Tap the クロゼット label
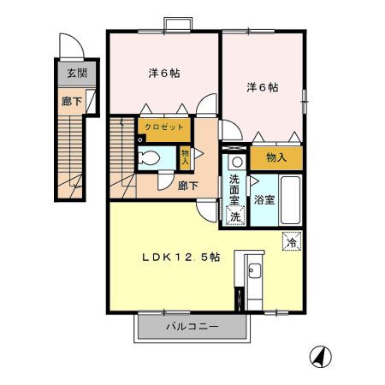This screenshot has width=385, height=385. point(162,127)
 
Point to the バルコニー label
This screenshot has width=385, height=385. point(192,326)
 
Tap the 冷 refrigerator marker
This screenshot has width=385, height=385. point(293,242)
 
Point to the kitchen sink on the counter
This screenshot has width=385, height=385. point(254,273)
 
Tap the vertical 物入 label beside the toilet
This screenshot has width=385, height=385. point(185,157)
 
